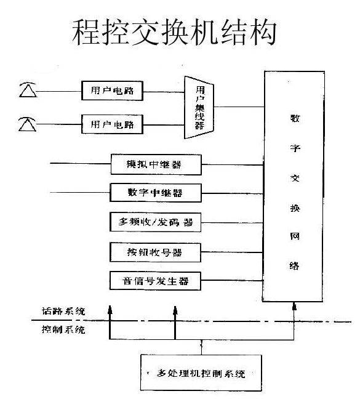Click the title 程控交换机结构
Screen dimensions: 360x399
[x=174, y=33]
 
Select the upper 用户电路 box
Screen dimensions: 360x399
[x=112, y=91]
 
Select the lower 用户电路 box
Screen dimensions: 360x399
[x=112, y=124]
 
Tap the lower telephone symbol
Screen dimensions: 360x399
[x=27, y=124]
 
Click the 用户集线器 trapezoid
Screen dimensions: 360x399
[x=199, y=107]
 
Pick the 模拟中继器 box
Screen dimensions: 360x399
[x=156, y=164]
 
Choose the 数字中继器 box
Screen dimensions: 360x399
[x=156, y=193]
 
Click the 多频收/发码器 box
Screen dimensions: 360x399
[x=155, y=222]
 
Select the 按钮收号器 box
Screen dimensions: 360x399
[x=155, y=252]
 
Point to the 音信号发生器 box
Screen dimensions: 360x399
[x=155, y=281]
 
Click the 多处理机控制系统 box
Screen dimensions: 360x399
[x=201, y=373]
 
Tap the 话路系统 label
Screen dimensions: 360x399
[x=63, y=311]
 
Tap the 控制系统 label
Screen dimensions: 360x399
[x=63, y=329]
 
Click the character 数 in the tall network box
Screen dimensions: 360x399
[x=295, y=118]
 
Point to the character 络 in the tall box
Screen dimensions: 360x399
[x=294, y=265]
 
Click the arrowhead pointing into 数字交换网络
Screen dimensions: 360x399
[x=294, y=306]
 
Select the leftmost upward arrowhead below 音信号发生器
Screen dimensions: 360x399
[x=110, y=310]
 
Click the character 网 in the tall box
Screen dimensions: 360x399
[x=295, y=236]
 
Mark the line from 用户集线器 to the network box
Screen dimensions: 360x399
[x=239, y=107]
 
